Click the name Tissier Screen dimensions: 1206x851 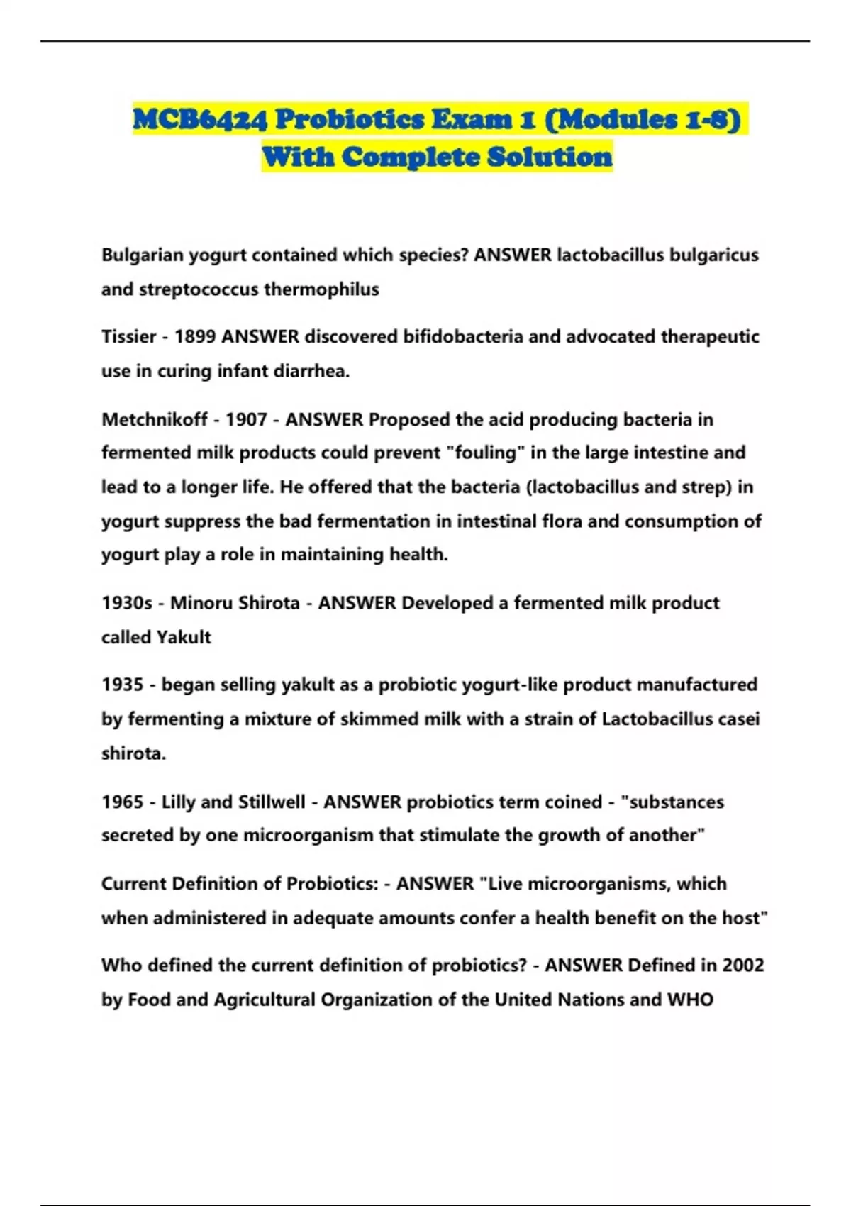coord(128,337)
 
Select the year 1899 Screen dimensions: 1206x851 coord(195,337)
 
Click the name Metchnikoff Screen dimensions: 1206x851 coord(155,420)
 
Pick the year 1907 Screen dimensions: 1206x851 coord(245,420)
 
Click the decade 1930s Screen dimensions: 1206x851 coord(126,604)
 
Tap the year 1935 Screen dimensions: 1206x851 coord(122,685)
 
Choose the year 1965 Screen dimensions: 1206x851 coord(122,802)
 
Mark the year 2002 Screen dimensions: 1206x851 coord(742,966)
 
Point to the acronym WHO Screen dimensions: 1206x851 coord(690,1000)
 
